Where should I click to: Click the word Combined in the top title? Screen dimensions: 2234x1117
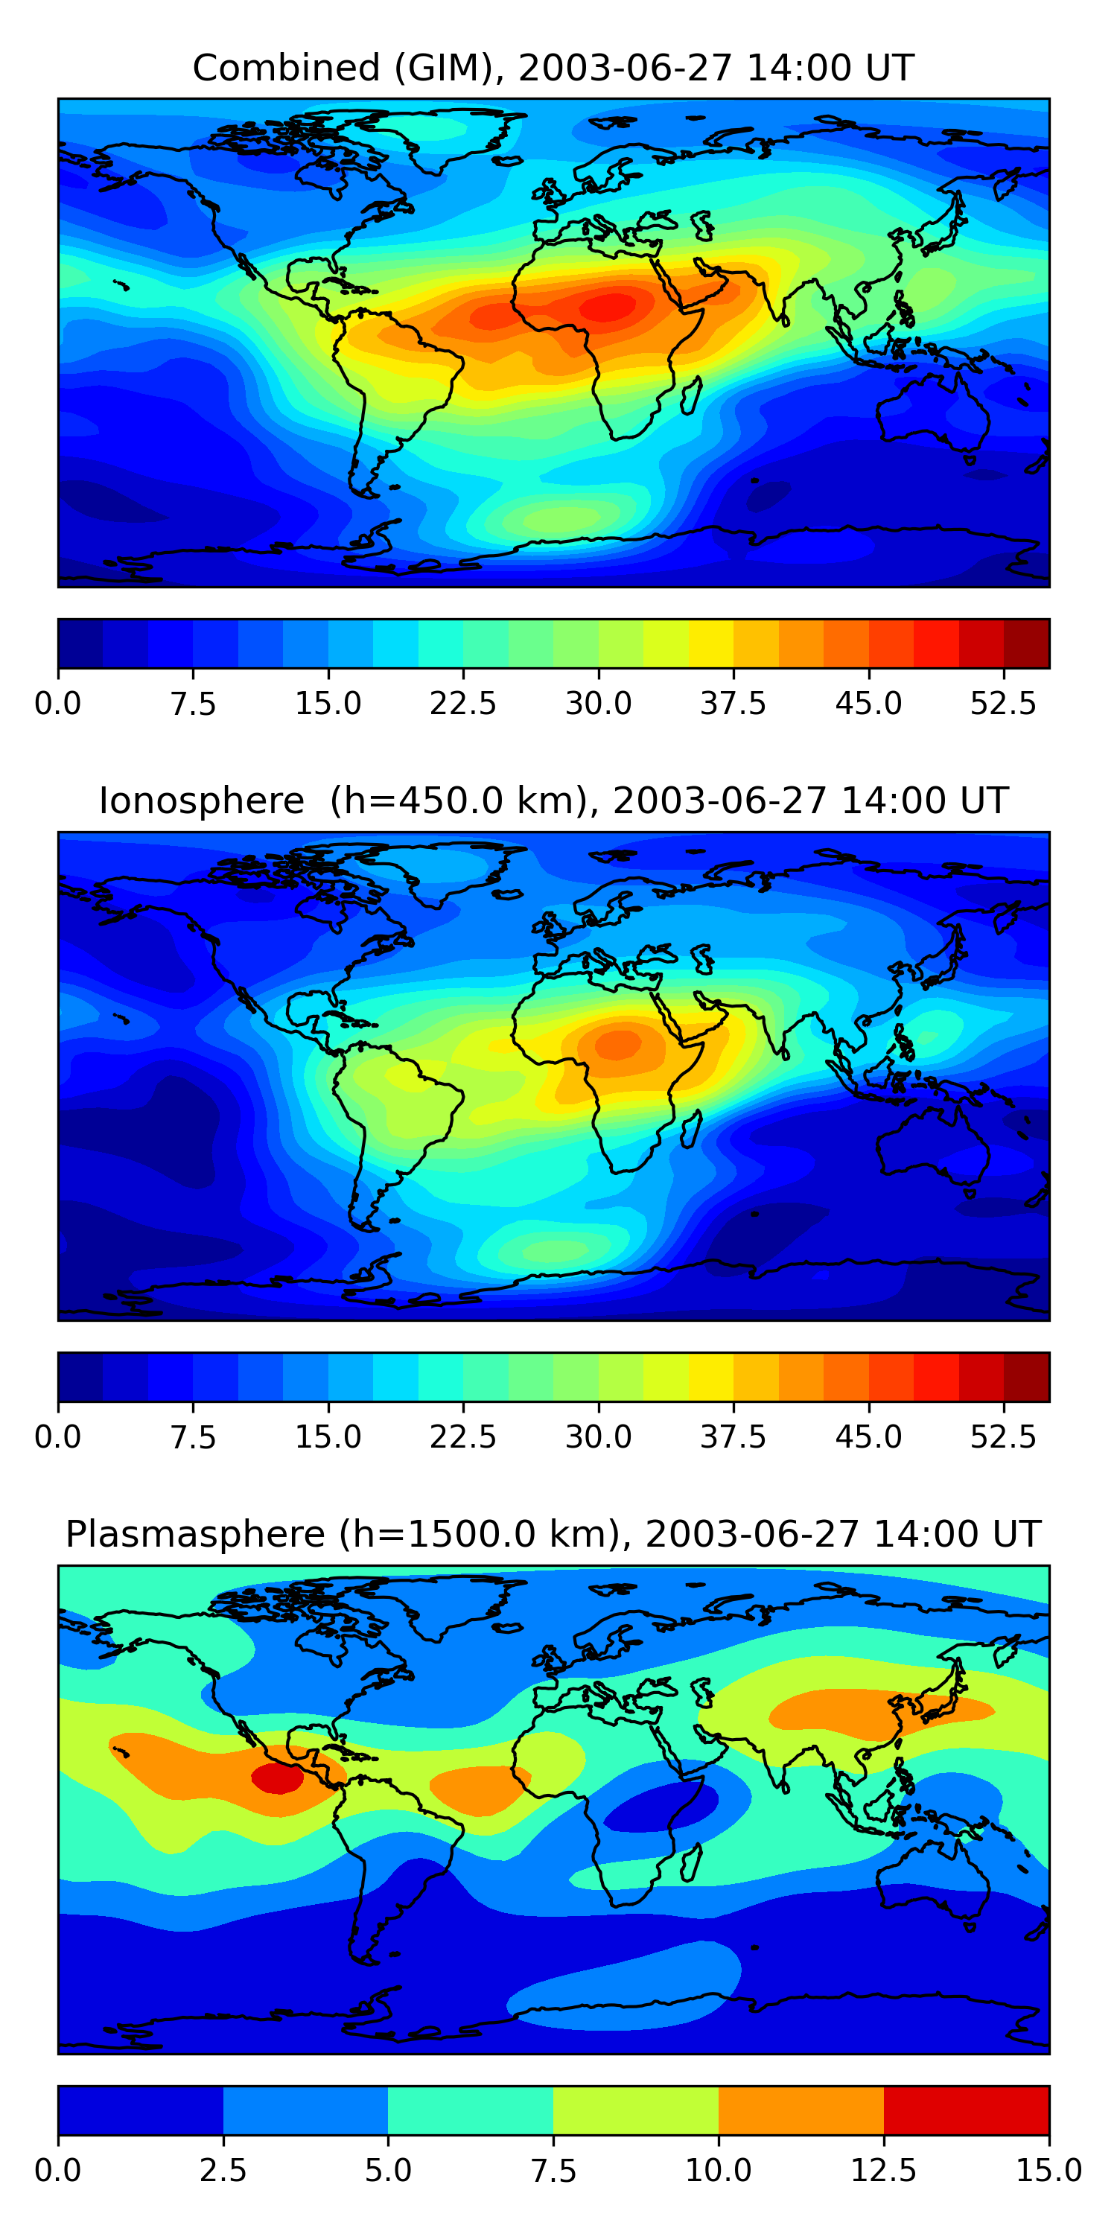coord(286,68)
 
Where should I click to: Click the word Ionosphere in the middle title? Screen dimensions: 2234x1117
coord(201,801)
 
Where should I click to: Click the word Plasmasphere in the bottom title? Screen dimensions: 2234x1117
coord(195,1534)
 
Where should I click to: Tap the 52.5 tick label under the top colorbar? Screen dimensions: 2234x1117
coord(1003,703)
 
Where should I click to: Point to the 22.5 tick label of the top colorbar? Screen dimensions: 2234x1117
coord(463,703)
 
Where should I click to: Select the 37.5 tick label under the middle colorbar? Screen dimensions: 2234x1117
coord(733,1437)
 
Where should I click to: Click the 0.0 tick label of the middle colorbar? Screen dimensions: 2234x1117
coord(58,1437)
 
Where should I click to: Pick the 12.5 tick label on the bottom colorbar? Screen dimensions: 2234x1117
coord(884,2171)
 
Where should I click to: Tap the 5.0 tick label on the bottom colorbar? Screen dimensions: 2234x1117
coord(388,2171)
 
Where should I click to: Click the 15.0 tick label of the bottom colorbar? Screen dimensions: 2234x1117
coord(1048,2171)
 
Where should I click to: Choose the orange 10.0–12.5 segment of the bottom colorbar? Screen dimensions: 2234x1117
coord(801,2110)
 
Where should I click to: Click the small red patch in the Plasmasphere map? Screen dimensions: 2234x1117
coord(278,1778)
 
